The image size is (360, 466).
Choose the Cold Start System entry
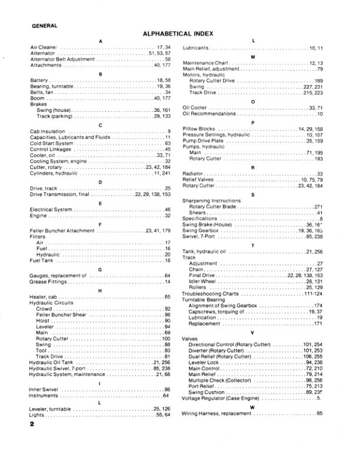(52, 160)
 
